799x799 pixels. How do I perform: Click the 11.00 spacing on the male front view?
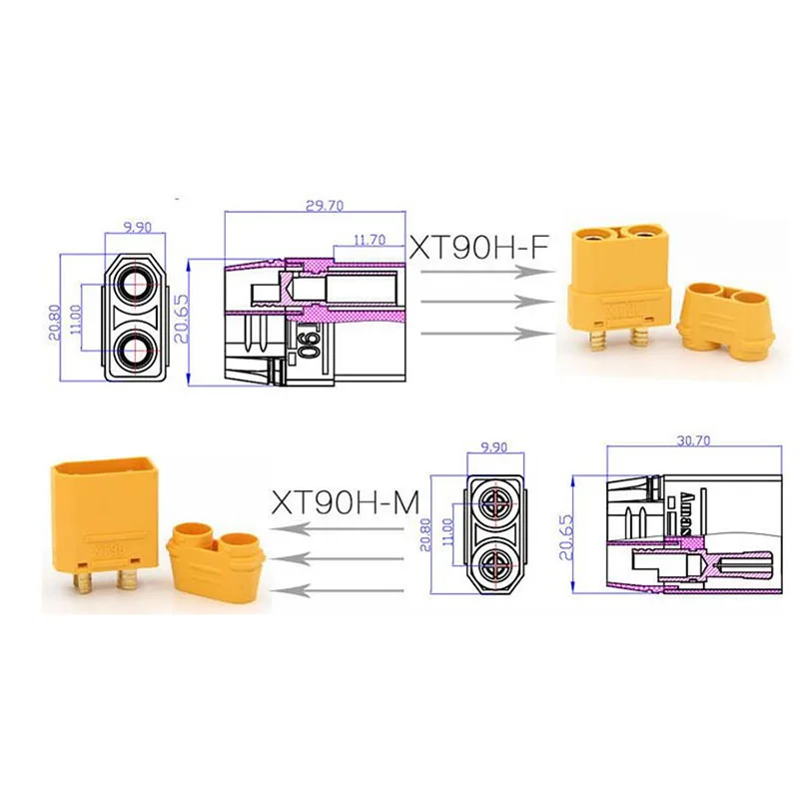[x=447, y=529]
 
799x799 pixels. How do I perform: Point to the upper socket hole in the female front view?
[x=134, y=283]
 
